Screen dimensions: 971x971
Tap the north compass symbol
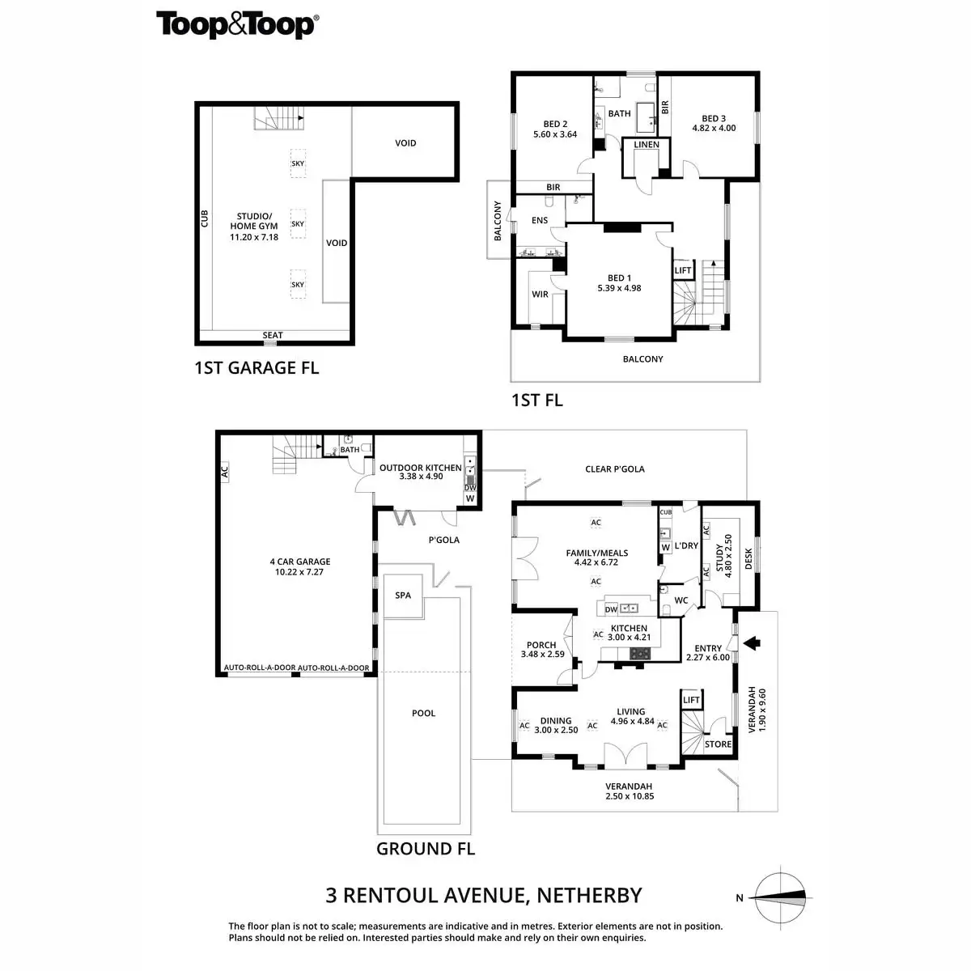[778, 896]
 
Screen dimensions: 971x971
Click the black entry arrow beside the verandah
[753, 643]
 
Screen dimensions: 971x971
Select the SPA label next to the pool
[403, 596]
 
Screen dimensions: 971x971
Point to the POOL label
[423, 713]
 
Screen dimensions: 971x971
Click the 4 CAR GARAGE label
[300, 566]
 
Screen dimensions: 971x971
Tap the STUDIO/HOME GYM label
[254, 227]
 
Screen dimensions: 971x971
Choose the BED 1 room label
[619, 282]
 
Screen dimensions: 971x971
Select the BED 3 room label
[714, 123]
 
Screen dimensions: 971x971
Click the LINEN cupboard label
[647, 145]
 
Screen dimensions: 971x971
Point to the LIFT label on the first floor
[682, 270]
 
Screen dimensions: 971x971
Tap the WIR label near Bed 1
[540, 295]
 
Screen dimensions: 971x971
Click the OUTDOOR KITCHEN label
[421, 472]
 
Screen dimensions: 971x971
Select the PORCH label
[541, 649]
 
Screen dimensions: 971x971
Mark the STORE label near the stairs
[718, 744]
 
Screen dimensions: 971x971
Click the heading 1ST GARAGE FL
[257, 368]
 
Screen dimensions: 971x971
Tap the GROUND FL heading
[425, 849]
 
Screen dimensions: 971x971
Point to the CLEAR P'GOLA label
[614, 469]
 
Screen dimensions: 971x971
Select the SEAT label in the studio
[273, 335]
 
